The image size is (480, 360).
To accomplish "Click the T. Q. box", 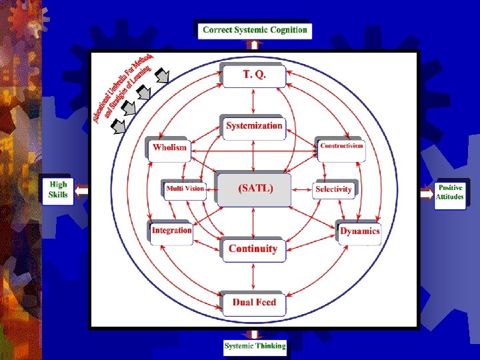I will (x=254, y=75).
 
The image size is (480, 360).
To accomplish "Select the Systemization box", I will (x=254, y=126).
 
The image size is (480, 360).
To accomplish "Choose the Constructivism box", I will (x=341, y=147).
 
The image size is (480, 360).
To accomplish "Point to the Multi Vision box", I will (x=185, y=189).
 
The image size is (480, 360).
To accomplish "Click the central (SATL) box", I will (x=255, y=189).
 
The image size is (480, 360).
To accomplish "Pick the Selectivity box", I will (x=333, y=189).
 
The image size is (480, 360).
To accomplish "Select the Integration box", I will (x=171, y=231).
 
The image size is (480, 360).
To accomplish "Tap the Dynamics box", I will (x=359, y=231).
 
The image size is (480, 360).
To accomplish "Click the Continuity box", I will (x=253, y=249).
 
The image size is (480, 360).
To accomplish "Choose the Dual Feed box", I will (x=254, y=303).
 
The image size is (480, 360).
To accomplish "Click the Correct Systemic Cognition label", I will (x=255, y=30).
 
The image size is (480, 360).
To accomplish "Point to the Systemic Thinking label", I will (x=255, y=346).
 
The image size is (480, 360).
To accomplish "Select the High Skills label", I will (x=58, y=190).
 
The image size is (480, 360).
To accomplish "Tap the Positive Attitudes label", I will (x=450, y=193).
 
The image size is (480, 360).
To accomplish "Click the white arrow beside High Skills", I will (x=81, y=191).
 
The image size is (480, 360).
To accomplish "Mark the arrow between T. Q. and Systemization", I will (x=254, y=101).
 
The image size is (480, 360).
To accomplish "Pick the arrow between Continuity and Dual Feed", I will (x=254, y=276).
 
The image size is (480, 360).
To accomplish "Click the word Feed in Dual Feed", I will (x=265, y=303).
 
